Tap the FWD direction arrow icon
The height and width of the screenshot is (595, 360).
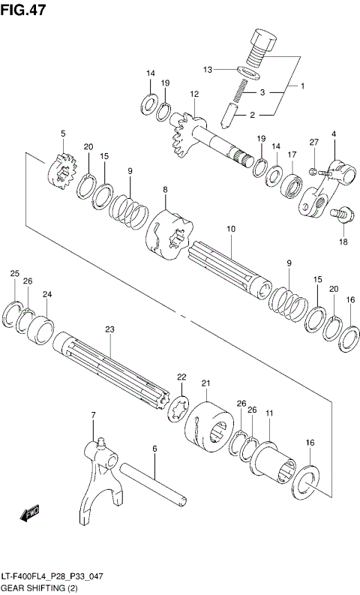point(31,514)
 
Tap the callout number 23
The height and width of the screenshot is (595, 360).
point(109,329)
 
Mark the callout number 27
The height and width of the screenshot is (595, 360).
point(314,143)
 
